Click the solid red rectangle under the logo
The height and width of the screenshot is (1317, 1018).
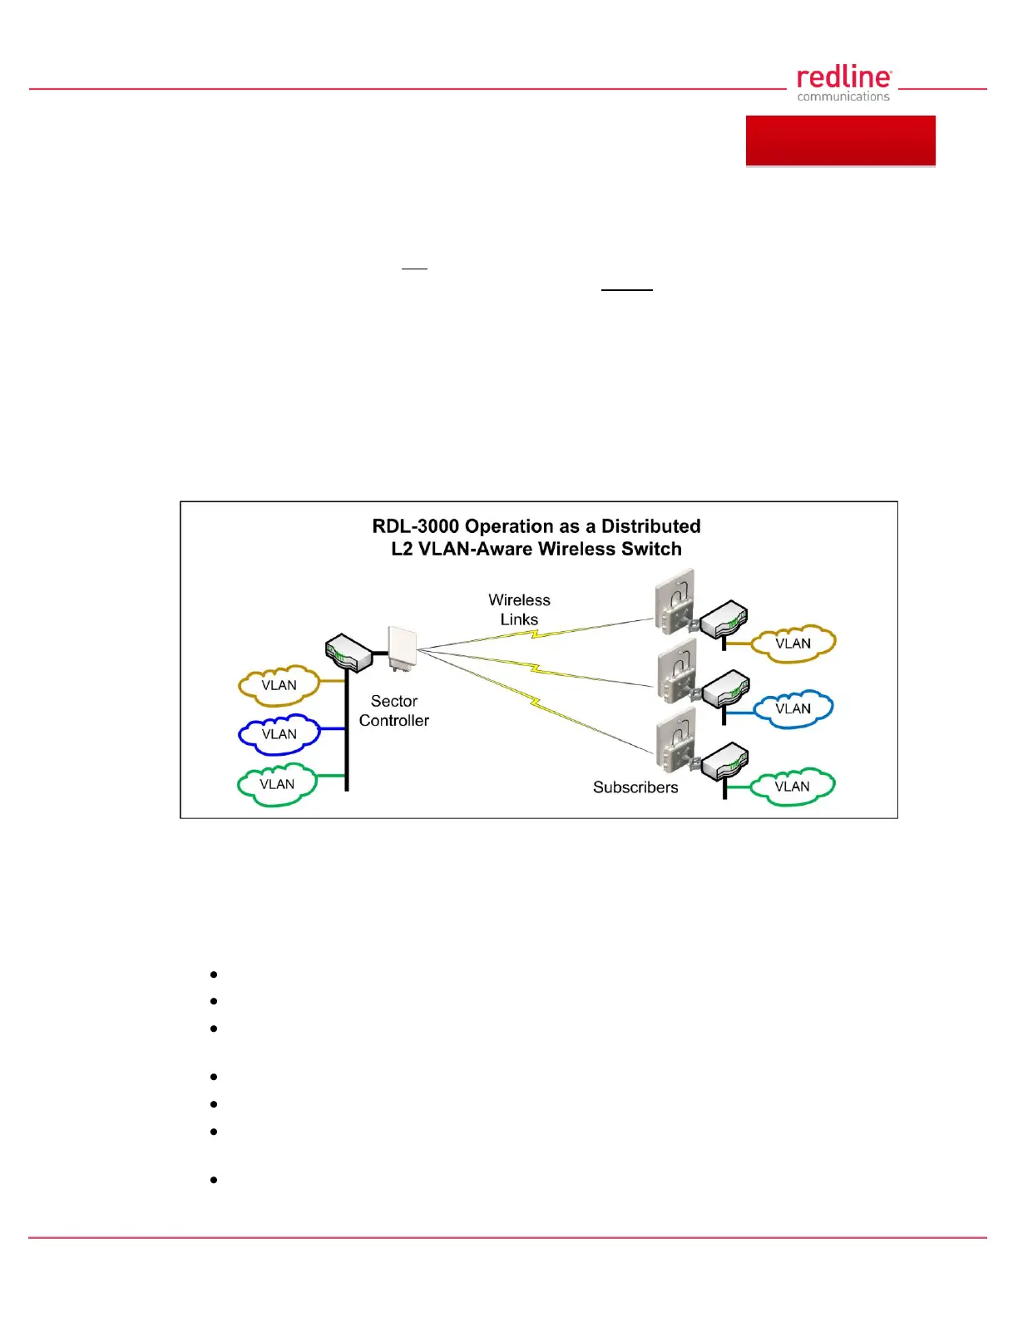[x=840, y=141]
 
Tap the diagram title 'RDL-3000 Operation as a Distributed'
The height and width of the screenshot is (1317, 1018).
[x=536, y=526]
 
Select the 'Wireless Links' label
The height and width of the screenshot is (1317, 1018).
[x=519, y=609]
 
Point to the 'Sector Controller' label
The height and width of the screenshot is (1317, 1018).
[x=394, y=711]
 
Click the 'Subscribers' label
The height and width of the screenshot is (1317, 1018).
[x=635, y=787]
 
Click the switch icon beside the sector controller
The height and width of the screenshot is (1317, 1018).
[x=348, y=653]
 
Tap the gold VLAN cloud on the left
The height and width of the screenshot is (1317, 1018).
[x=279, y=685]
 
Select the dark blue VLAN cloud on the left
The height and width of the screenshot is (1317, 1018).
[x=279, y=734]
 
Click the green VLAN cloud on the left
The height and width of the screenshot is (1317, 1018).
[x=277, y=784]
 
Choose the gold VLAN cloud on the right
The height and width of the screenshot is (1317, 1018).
[x=793, y=644]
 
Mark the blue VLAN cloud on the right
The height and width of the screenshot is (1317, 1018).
[x=793, y=708]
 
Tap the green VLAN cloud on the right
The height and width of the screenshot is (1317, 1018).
[x=792, y=787]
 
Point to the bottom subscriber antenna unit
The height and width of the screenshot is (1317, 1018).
[x=675, y=742]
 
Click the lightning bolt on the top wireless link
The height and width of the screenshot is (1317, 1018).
[x=536, y=634]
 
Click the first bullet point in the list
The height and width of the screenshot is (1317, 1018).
[x=214, y=974]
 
